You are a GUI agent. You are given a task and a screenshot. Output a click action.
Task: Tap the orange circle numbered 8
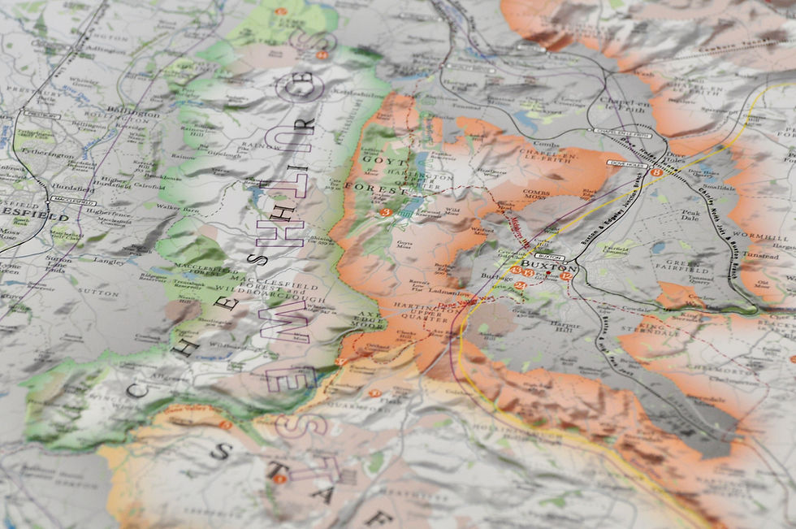[x=656, y=171]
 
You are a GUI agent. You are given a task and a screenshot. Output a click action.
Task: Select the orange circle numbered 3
[x=386, y=212]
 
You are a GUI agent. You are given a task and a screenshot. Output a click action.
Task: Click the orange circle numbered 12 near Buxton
[x=566, y=276]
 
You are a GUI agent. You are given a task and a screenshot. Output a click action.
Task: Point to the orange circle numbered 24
[x=521, y=284]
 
